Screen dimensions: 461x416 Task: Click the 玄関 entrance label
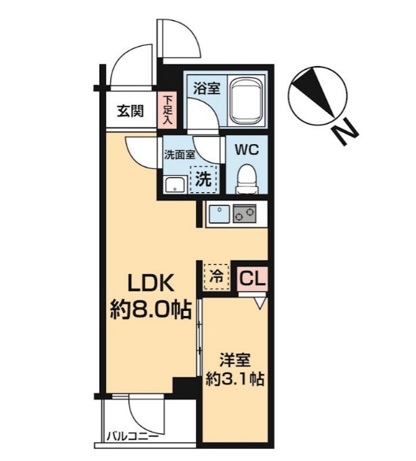point(130,112)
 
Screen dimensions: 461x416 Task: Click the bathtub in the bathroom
point(246,101)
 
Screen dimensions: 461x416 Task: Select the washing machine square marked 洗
point(203,179)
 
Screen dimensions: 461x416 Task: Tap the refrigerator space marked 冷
point(215,276)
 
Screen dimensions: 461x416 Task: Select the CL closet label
point(252,278)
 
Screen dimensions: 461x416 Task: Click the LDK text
point(148,285)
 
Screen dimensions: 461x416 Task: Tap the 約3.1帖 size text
point(234,379)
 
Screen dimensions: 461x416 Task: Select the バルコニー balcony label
point(131,435)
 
